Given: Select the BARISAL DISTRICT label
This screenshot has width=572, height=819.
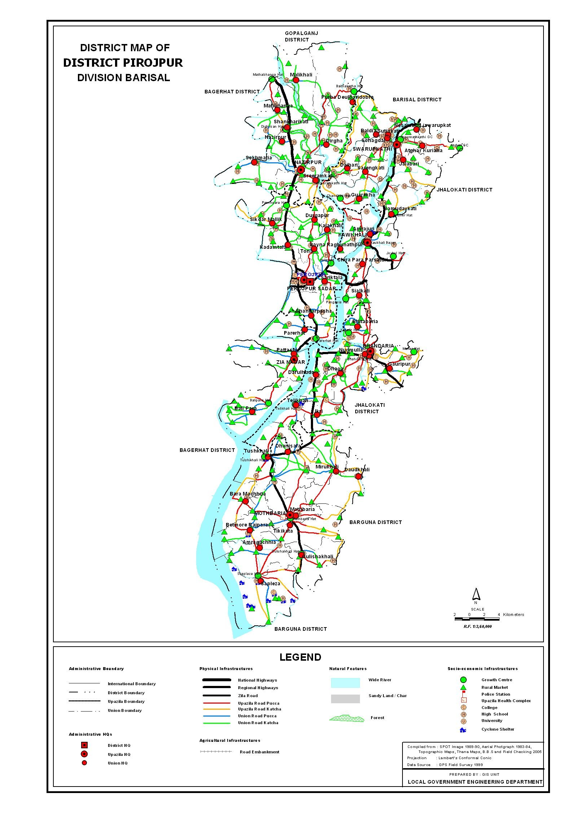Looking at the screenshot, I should coord(417,100).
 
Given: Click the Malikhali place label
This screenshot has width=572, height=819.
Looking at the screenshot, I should coord(301,75).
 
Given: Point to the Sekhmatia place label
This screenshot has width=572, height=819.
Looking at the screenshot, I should coord(259,158).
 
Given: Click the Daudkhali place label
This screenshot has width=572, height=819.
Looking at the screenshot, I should coord(357,470).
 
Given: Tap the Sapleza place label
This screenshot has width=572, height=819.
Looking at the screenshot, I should coord(270,584).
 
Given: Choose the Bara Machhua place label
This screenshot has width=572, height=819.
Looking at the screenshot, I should coord(247,494).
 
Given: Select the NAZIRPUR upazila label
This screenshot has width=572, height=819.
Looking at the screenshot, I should coord(308,162).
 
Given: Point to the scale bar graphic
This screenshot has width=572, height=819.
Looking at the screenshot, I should coord(477,619).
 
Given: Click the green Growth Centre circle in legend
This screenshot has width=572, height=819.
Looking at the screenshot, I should coord(463,680).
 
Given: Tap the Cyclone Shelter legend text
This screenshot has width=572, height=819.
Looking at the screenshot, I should coord(498,729).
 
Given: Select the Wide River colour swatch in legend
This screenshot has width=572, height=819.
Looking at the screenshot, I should coord(345,683).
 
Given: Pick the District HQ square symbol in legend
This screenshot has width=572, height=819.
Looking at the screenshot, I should coord(84,745).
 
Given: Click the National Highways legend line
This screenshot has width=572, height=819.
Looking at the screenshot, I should coord(217,680).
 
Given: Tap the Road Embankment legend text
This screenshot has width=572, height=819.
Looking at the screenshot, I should coord(259,752).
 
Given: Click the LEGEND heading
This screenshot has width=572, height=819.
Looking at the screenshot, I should coord(300,657).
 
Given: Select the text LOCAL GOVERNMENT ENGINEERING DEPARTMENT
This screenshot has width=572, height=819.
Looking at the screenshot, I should coord(475,782).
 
